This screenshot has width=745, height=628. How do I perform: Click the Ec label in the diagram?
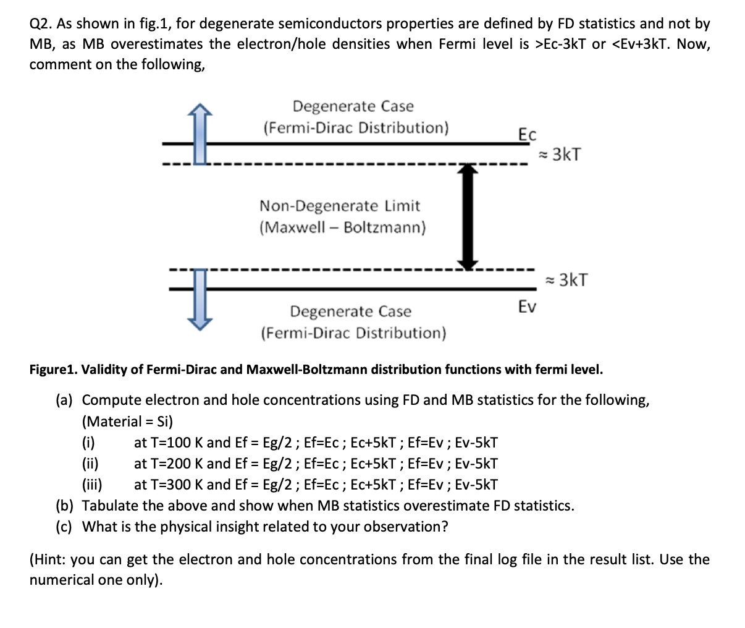click(x=527, y=134)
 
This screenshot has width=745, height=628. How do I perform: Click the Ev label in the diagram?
click(x=527, y=306)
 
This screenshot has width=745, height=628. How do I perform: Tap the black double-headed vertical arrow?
click(x=469, y=216)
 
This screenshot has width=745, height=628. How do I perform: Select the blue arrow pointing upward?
click(x=200, y=133)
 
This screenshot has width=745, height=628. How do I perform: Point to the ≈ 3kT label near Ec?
click(x=559, y=154)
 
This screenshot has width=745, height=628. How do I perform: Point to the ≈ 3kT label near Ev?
click(x=566, y=280)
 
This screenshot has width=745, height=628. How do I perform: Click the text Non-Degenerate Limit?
click(x=339, y=206)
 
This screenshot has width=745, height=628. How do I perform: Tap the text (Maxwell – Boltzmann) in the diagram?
click(x=342, y=227)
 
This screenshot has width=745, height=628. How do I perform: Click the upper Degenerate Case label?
click(x=353, y=106)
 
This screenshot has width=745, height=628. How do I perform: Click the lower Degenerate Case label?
click(x=350, y=311)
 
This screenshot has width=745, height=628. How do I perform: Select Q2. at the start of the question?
click(x=41, y=23)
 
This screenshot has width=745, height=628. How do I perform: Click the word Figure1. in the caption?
click(x=53, y=370)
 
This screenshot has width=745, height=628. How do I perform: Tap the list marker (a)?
click(x=65, y=400)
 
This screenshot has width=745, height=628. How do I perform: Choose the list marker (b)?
click(x=65, y=506)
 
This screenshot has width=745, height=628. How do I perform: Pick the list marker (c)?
click(x=65, y=527)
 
